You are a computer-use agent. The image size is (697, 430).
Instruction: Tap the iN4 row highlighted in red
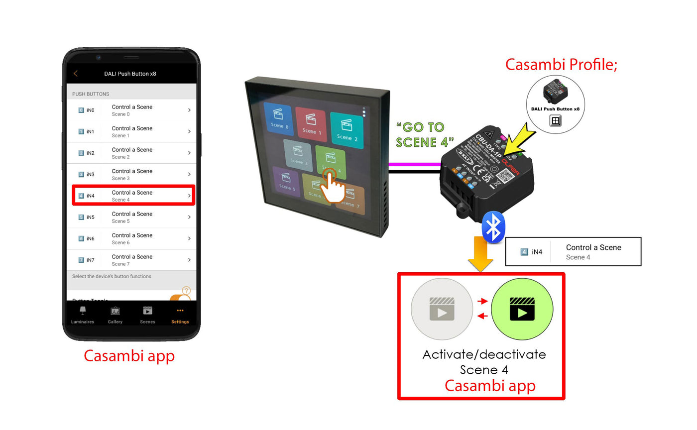tap(133, 195)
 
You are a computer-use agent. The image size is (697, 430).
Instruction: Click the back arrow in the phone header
tap(76, 74)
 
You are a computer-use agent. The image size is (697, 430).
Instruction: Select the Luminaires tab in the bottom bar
tap(83, 315)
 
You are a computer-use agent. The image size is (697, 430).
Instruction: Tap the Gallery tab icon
tap(115, 315)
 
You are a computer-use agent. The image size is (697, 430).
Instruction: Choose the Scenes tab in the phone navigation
tap(147, 315)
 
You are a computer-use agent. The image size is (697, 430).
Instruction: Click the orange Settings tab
tap(180, 315)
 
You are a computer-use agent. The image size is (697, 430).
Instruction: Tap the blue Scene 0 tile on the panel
tap(279, 119)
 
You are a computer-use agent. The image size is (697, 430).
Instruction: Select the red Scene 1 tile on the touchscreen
tap(311, 124)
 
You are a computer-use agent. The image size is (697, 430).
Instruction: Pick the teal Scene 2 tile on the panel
tap(347, 128)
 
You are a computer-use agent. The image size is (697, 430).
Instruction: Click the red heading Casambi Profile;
tap(561, 65)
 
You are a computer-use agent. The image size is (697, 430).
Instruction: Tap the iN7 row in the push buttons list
tap(133, 260)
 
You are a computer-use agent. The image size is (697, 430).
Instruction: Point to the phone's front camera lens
tap(99, 57)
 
